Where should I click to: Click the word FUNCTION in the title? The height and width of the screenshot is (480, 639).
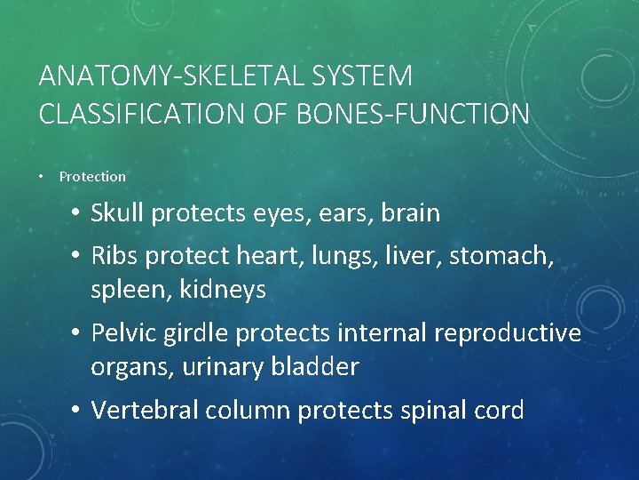coord(467,114)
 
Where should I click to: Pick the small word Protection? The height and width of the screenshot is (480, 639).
coord(92,177)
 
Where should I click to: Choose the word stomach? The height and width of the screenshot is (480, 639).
coord(501,257)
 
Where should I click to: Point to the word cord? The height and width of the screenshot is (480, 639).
coord(498,410)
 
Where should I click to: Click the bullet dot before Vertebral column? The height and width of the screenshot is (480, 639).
coord(77,410)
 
